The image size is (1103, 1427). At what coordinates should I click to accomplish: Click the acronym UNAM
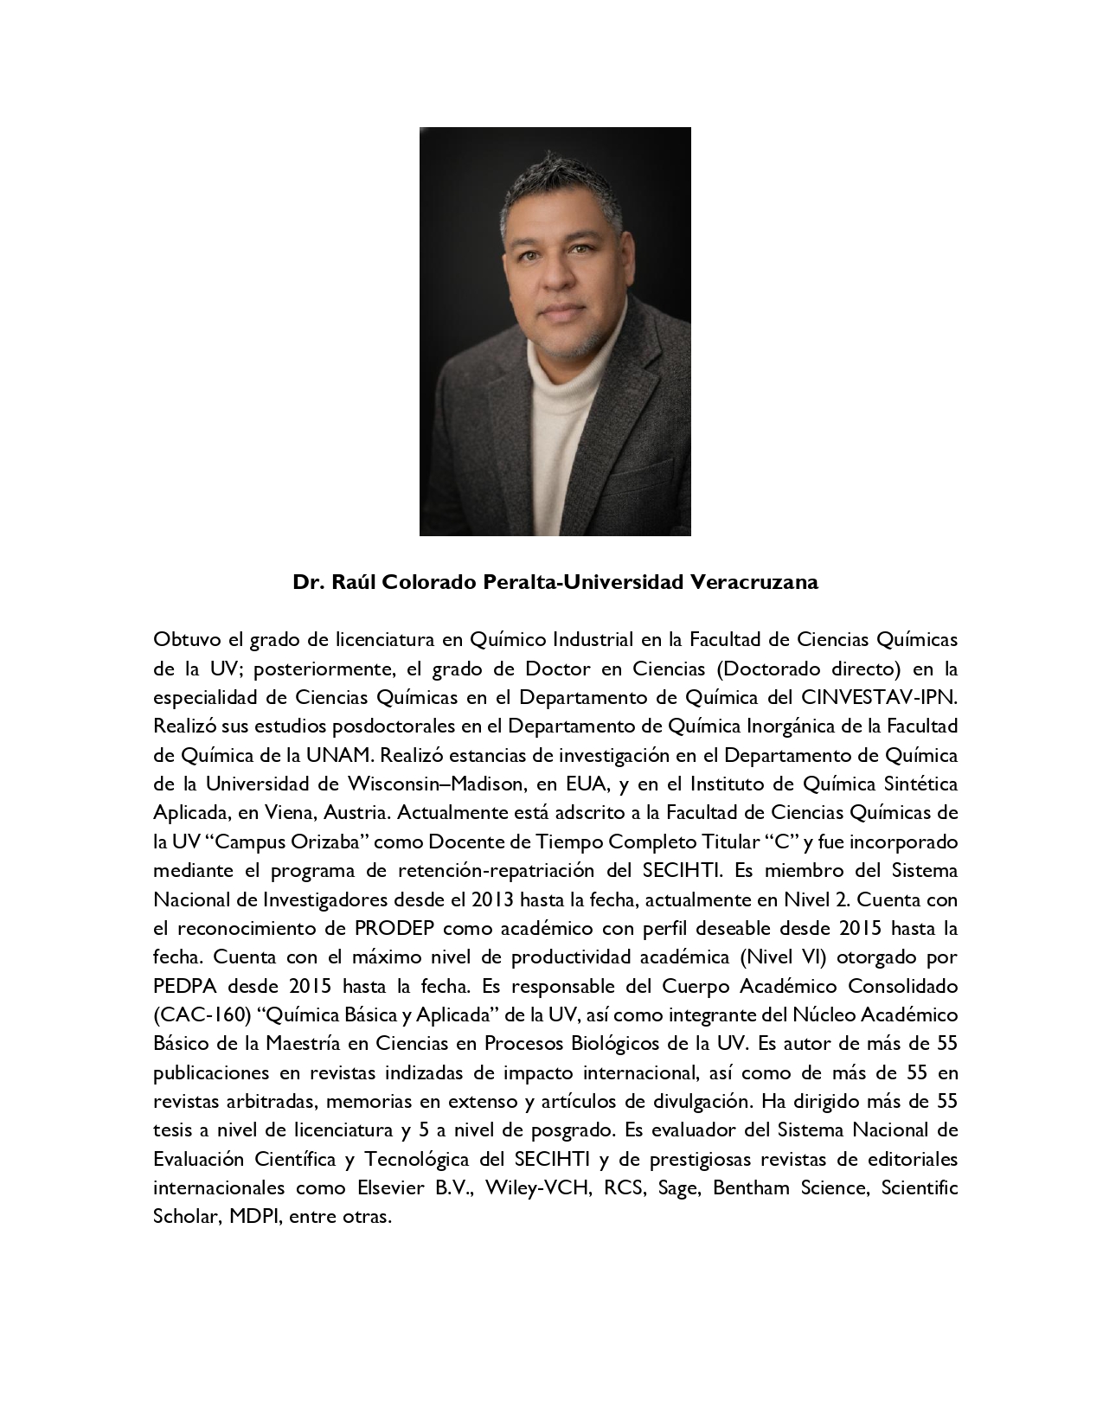(338, 755)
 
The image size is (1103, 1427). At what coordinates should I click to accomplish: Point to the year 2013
(493, 899)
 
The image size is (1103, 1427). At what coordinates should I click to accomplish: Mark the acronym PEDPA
(184, 986)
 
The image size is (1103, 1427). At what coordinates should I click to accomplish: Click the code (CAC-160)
(196, 1015)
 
